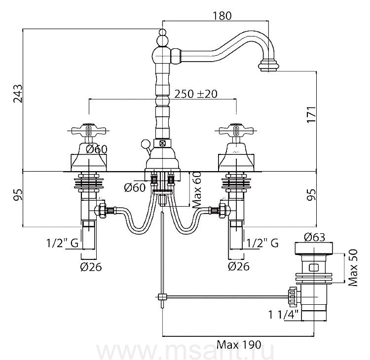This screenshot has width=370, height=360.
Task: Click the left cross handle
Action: (x=88, y=131)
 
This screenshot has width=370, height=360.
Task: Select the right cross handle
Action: (x=235, y=131)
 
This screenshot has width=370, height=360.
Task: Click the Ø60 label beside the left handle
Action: (x=96, y=150)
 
